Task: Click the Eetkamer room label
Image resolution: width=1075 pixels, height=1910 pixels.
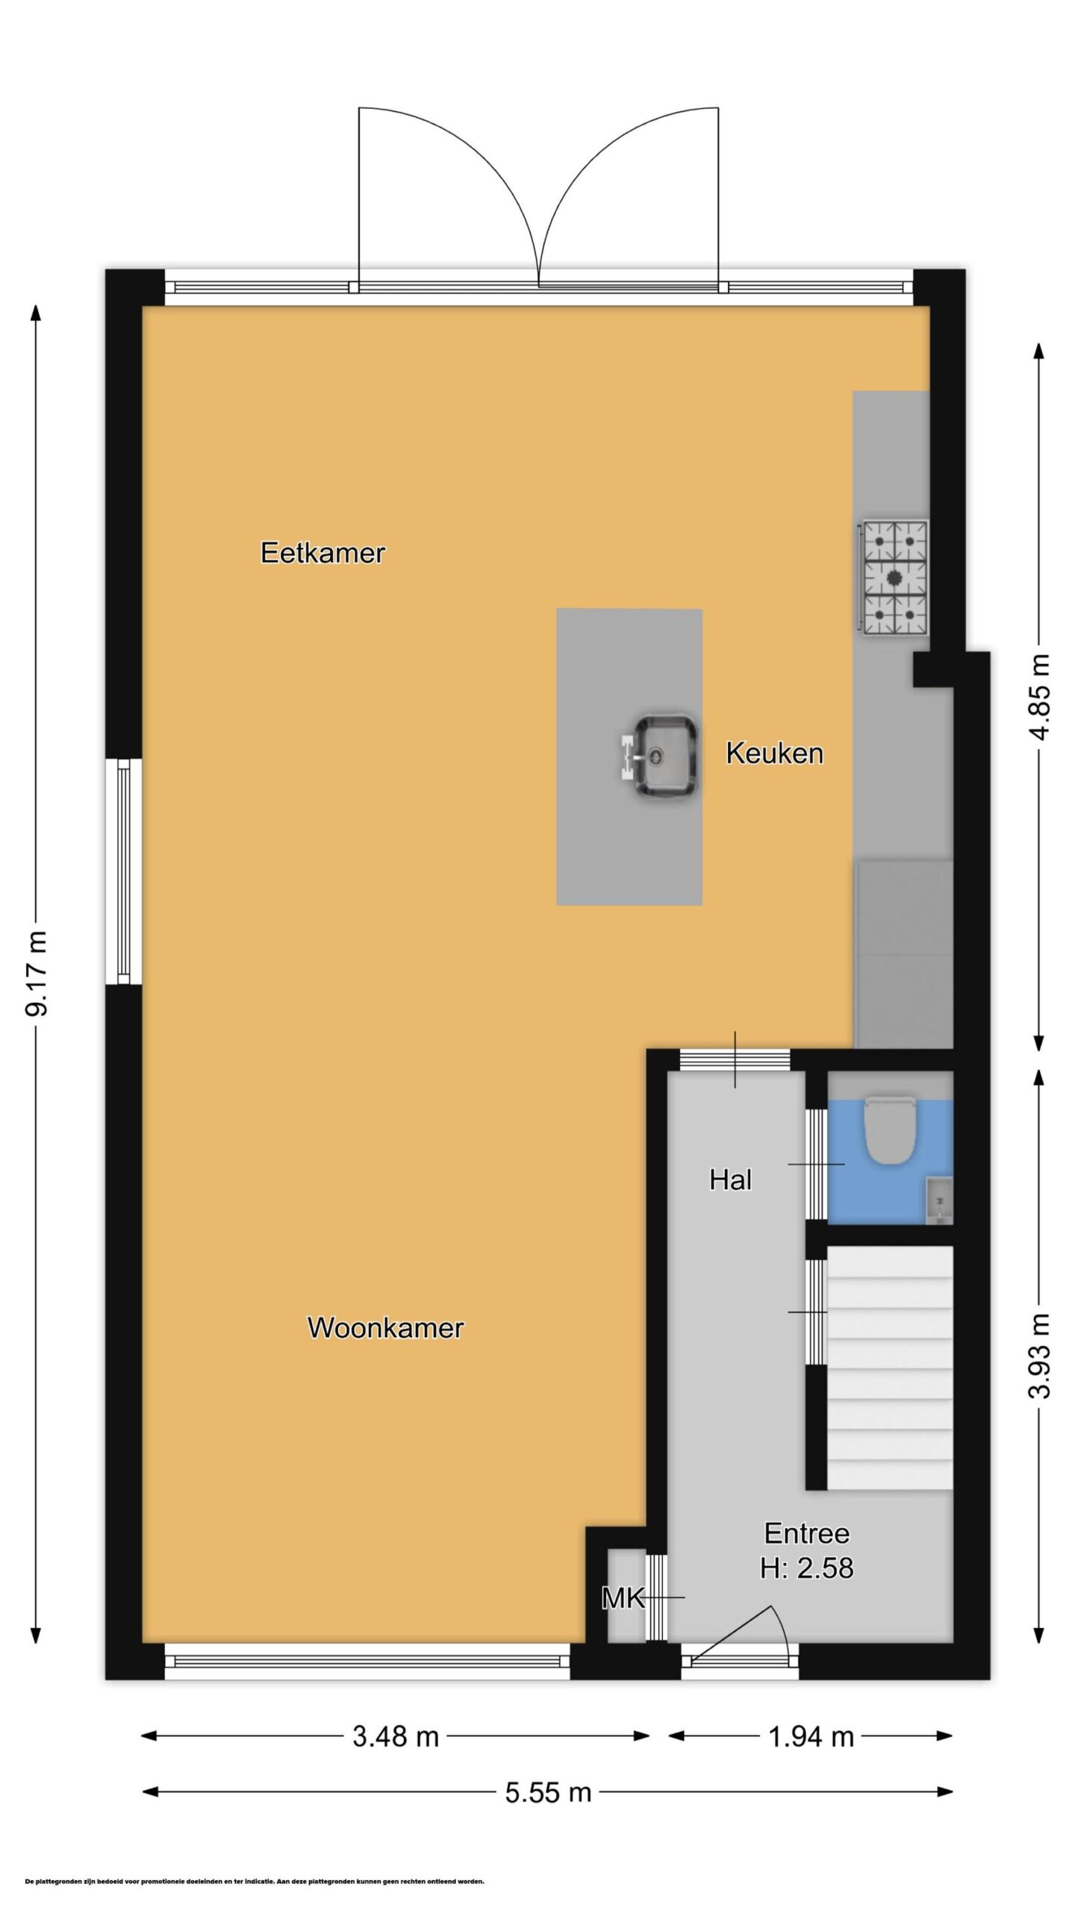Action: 322,553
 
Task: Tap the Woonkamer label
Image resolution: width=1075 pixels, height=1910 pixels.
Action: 385,1327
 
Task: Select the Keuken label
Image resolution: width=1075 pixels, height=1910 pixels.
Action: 774,753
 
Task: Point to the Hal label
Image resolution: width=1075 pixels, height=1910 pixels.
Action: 730,1180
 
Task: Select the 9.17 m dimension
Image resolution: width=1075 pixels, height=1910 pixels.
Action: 36,974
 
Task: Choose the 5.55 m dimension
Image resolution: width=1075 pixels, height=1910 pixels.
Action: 548,1792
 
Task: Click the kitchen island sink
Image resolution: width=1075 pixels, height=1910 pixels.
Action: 660,757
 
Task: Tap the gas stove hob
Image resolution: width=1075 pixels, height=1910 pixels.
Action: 894,578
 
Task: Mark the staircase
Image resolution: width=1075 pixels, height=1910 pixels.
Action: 890,1368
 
